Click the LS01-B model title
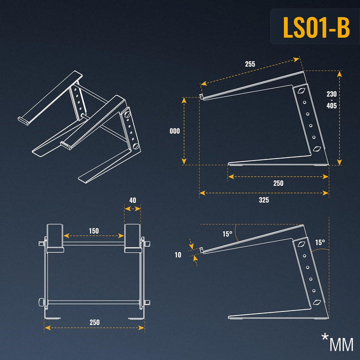316,27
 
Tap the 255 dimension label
250,64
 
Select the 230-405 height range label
331,99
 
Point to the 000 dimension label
174,131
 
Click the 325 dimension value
264,200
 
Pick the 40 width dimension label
132,200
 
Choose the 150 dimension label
93,230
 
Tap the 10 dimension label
178,255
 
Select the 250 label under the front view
94,322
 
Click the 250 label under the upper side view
278,183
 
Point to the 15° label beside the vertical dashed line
320,242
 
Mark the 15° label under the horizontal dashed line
227,234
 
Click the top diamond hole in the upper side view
301,90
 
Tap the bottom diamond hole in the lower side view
317,302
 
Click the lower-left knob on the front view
42,302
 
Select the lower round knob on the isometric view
136,146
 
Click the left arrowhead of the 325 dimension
202,193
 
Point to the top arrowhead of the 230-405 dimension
339,73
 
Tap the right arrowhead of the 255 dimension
297,59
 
